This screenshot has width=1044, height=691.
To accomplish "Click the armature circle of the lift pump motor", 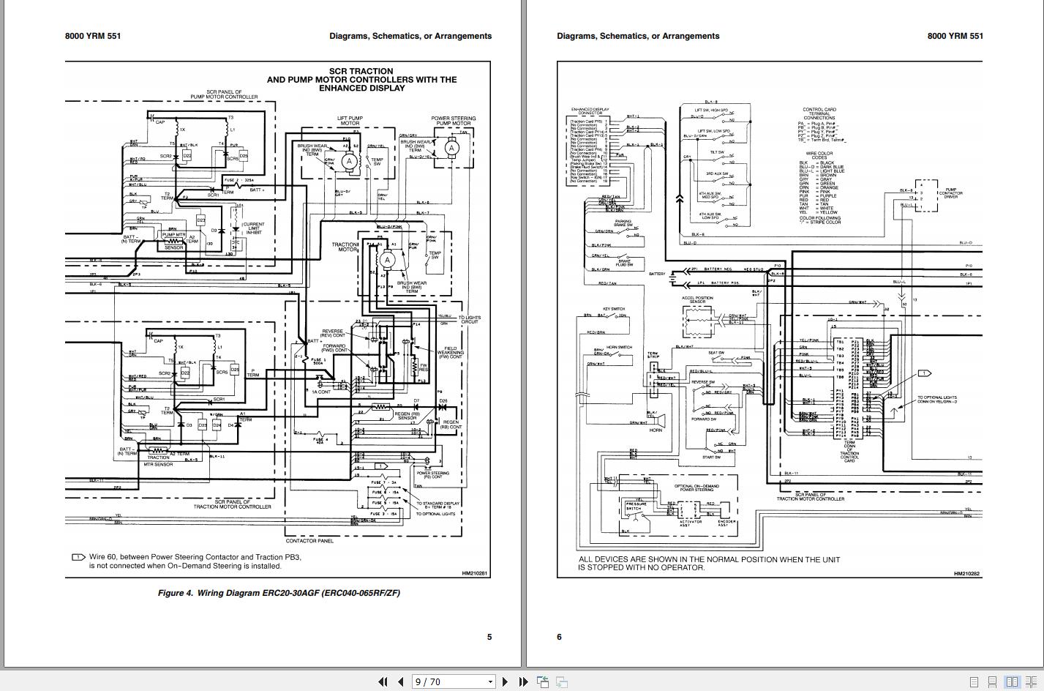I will [349, 161].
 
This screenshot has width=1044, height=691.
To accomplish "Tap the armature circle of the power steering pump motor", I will [451, 148].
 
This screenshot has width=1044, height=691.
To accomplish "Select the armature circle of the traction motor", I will [388, 260].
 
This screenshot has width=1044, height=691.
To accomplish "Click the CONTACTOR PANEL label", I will [309, 541].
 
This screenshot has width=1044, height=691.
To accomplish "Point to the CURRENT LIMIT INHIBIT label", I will [254, 228].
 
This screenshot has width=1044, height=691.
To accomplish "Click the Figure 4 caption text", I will [279, 593].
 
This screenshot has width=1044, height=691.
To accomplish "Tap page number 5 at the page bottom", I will [489, 637].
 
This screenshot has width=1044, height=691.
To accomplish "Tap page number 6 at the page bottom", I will [559, 637].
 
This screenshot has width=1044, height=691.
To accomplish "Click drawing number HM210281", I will [474, 574].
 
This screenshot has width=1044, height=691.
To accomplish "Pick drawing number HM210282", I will [966, 574].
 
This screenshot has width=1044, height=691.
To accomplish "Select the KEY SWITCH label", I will [613, 309].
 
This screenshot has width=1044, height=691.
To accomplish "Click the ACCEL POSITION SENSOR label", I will [697, 300].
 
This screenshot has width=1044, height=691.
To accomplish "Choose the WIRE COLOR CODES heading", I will [819, 155].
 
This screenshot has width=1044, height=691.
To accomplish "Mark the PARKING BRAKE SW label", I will [623, 223].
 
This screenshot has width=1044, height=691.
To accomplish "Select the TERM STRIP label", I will [653, 356].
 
